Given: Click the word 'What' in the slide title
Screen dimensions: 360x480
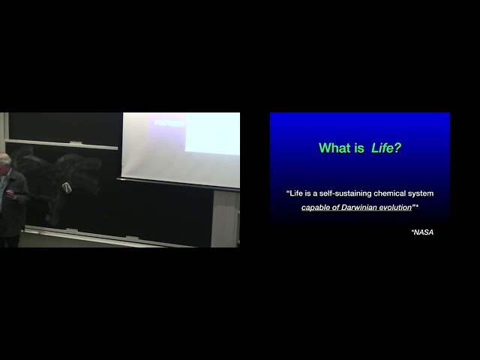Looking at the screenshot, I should tap(334, 148).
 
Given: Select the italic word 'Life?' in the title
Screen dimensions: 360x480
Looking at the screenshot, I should tap(386, 148).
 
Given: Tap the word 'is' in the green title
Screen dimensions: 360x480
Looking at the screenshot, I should tap(360, 148).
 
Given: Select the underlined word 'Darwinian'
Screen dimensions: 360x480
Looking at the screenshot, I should tap(357, 207).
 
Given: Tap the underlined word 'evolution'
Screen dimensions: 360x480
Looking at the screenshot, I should tap(394, 207).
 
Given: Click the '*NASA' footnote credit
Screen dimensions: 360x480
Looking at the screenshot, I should tap(422, 232).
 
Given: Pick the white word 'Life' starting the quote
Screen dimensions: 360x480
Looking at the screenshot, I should tap(297, 193).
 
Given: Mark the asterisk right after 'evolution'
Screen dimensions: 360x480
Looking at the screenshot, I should tap(416, 205).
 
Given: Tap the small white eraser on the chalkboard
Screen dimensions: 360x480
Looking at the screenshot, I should tap(67, 187).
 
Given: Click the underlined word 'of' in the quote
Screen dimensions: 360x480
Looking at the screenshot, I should tap(334, 207).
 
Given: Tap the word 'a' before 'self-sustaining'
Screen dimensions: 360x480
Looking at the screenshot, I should tap(316, 193).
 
